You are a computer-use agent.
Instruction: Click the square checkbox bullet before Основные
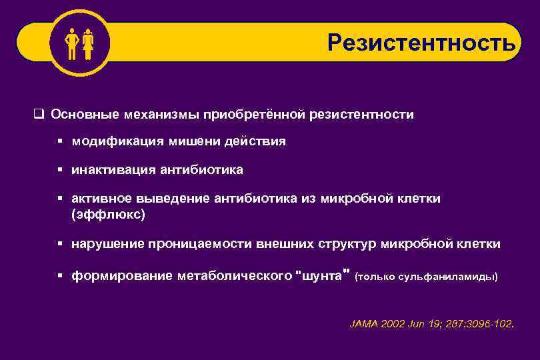[x=39, y=115]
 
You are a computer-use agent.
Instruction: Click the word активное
[x=101, y=199]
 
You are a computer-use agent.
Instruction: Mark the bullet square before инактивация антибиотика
[x=59, y=171]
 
